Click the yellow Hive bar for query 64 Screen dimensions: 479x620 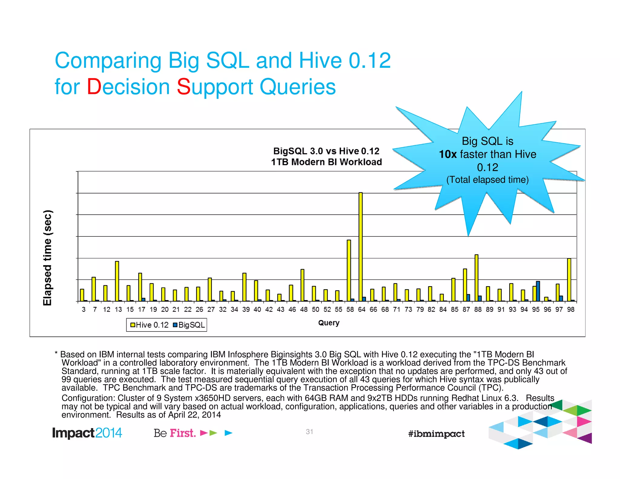[x=360, y=247]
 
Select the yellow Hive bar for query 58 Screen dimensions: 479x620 [x=349, y=270]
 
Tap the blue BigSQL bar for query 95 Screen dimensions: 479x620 [x=538, y=291]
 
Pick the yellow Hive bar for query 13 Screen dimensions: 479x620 [x=117, y=281]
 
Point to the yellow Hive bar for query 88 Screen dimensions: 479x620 [x=476, y=278]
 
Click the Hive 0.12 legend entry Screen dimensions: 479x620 [x=149, y=325]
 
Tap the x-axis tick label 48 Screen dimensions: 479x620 [x=304, y=309]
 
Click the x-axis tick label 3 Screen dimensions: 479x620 [x=84, y=309]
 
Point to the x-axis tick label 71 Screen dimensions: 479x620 [x=397, y=309]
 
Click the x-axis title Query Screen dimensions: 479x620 [x=328, y=323]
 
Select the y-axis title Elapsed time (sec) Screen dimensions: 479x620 [x=48, y=257]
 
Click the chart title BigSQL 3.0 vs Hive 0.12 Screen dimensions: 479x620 [x=326, y=151]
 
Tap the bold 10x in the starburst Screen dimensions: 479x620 [x=447, y=154]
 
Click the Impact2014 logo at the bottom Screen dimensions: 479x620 [x=87, y=433]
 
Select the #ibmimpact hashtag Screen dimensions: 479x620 [x=436, y=434]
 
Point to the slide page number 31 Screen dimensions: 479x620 [x=309, y=431]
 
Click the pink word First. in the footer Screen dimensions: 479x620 [x=183, y=433]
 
